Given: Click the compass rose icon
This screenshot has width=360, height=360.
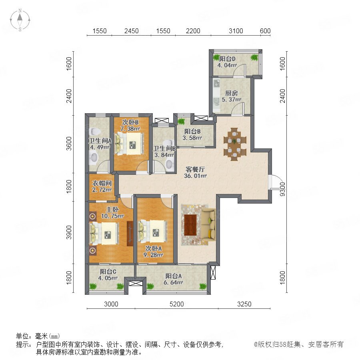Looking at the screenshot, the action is [x=20, y=20].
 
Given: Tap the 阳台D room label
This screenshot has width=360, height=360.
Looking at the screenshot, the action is [x=227, y=59].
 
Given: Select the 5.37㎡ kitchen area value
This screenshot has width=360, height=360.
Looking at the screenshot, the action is [x=231, y=100].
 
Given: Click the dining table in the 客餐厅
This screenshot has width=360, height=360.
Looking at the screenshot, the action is [x=235, y=144].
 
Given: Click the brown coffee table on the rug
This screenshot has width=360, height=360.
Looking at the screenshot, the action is [x=190, y=225].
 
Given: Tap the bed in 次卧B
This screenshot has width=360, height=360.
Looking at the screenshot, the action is [x=130, y=144].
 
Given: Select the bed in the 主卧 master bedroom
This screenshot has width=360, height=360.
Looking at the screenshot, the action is [x=104, y=234].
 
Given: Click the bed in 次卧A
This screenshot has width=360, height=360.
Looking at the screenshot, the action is [x=152, y=231].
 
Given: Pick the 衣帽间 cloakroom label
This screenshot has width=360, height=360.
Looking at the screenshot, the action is [x=102, y=184].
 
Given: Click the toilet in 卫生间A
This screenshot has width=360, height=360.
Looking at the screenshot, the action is [x=94, y=131].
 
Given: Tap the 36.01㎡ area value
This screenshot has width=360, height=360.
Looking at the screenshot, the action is [x=195, y=176].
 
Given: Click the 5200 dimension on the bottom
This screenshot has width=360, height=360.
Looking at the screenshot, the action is [x=176, y=304].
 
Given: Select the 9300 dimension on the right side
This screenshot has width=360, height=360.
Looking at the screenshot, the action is [x=283, y=189].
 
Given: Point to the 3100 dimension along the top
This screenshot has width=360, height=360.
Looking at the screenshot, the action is [x=236, y=31].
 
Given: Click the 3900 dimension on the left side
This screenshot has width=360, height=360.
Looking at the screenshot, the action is [x=69, y=232].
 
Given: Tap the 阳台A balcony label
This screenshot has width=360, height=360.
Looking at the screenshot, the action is [x=173, y=276].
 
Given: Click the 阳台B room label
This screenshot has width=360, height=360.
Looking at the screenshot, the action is [x=192, y=132].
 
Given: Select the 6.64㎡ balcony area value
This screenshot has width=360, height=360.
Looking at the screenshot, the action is [x=173, y=282].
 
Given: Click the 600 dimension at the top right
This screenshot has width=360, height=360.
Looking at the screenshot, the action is [x=265, y=31].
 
